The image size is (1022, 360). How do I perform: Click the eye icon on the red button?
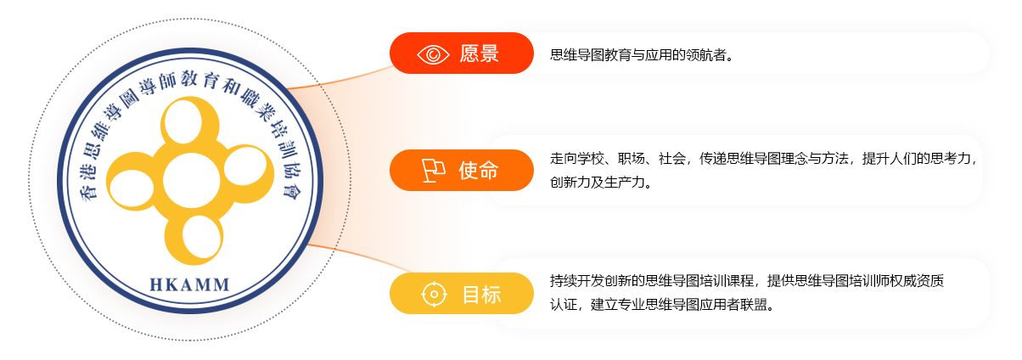(x=433, y=54)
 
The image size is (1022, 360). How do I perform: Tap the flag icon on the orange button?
(x=433, y=171)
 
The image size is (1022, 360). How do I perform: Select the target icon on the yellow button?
(x=434, y=294)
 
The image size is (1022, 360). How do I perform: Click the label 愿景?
(x=479, y=53)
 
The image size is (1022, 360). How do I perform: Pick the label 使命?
(x=479, y=171)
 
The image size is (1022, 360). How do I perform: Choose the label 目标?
(x=482, y=295)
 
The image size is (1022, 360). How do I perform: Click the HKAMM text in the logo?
(x=189, y=285)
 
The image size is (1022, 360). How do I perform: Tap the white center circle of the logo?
(x=191, y=181)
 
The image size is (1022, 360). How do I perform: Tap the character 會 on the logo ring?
(x=290, y=190)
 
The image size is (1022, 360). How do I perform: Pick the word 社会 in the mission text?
(x=672, y=159)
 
